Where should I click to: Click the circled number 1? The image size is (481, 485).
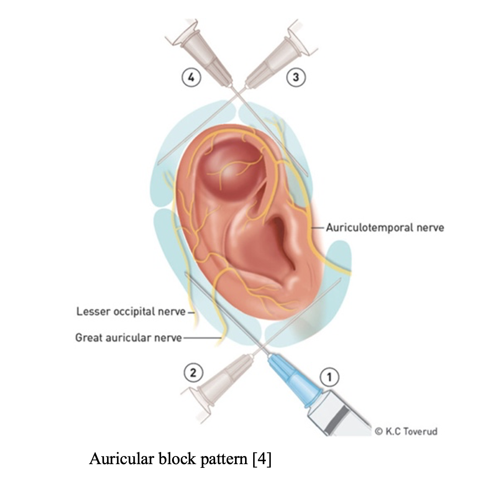[x=329, y=377]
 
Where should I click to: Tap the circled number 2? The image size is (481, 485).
[x=193, y=373]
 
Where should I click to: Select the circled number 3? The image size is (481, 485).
[x=296, y=77]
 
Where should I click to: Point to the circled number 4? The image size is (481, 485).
[x=191, y=77]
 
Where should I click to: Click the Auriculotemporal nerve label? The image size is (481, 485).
[x=385, y=228]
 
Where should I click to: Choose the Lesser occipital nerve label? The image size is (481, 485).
[x=131, y=311]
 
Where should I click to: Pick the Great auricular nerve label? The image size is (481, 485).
[x=128, y=337]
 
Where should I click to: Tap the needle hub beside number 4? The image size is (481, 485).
[x=204, y=53]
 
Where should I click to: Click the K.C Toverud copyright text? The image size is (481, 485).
[x=406, y=431]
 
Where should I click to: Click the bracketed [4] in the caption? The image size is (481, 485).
[x=262, y=459]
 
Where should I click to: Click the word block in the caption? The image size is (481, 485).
[x=177, y=458]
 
